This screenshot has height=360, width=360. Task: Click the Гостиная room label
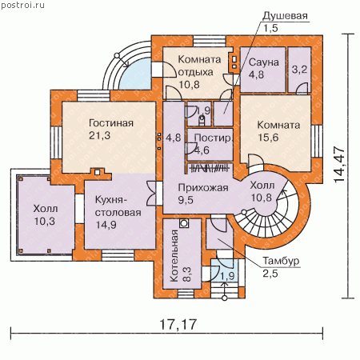[111, 123]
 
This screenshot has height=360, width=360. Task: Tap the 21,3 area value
[99, 136]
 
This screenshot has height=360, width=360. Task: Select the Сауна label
[264, 62]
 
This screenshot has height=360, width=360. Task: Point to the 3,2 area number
[299, 70]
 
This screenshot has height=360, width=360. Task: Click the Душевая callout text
[285, 16]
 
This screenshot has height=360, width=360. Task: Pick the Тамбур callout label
[281, 261]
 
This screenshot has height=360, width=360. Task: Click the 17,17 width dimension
[178, 324]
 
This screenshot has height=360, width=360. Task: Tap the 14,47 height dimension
[339, 164]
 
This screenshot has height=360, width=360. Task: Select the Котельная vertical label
[174, 256]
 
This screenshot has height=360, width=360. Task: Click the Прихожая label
[203, 188]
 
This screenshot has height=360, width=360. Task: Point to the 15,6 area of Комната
[268, 138]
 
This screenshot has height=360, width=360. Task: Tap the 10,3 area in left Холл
[45, 221]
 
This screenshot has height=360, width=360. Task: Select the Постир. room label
[213, 138]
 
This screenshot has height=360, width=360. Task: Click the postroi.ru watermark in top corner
[23, 5]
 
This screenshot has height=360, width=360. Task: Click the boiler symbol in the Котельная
[184, 223]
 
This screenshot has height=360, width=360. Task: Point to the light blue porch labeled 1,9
[224, 270]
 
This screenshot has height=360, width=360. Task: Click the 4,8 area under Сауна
[256, 74]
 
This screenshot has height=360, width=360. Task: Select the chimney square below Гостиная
[98, 172]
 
